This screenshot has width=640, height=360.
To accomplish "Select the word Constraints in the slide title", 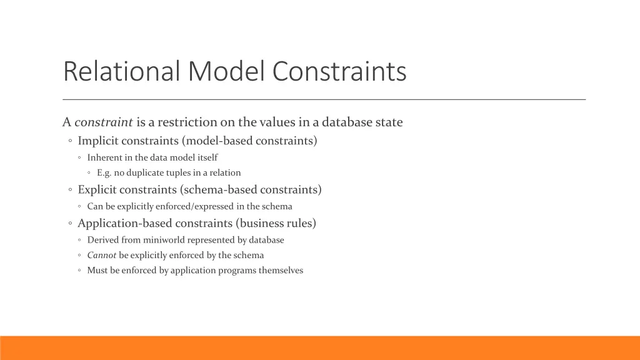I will pyautogui.click(x=339, y=71).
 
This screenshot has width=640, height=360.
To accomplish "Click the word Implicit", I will pyautogui.click(x=98, y=141).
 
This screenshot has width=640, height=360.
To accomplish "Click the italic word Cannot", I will pyautogui.click(x=102, y=255).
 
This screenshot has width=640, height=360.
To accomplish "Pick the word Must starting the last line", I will pyautogui.click(x=97, y=271).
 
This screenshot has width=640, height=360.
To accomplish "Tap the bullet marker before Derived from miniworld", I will pyautogui.click(x=81, y=241).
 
